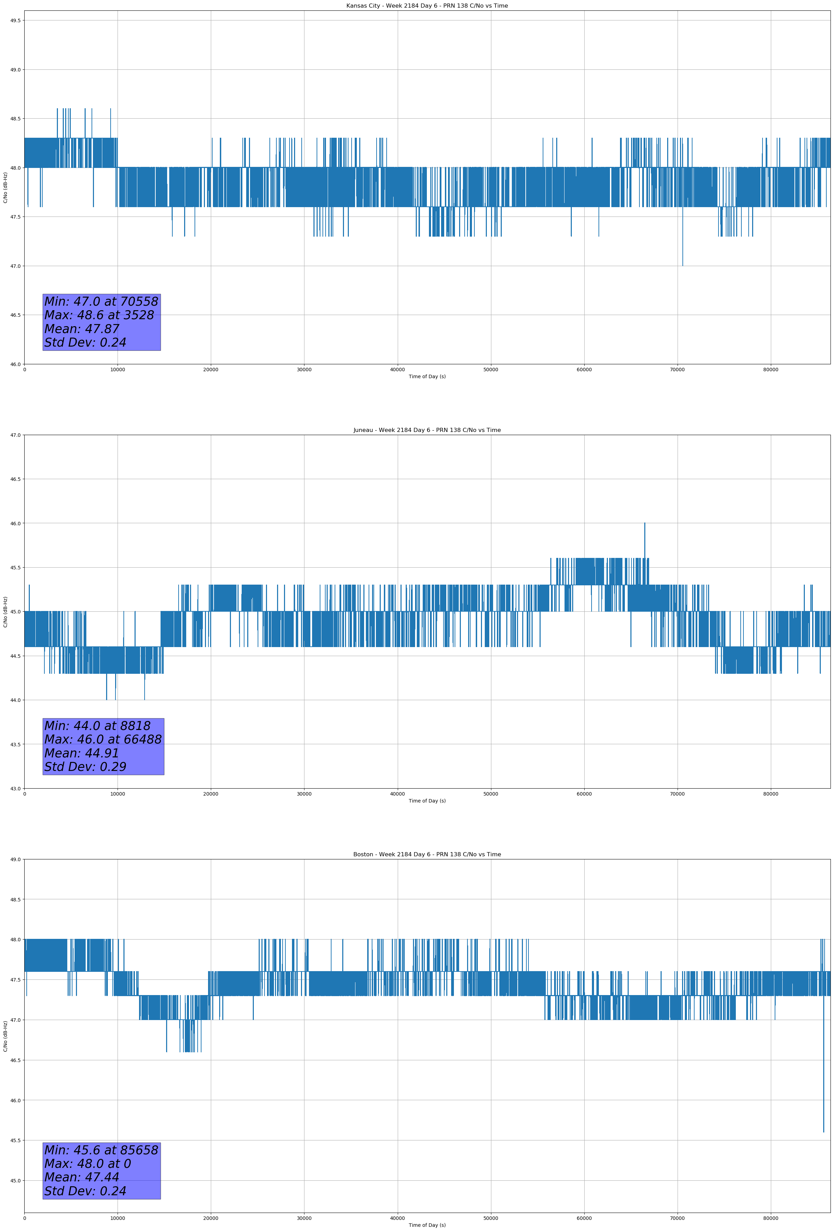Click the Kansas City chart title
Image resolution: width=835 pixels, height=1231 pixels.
point(427,6)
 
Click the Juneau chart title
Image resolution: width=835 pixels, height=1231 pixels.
point(427,430)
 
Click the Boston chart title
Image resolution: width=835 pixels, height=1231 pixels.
point(427,855)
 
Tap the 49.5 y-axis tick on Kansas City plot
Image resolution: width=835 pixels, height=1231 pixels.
point(15,21)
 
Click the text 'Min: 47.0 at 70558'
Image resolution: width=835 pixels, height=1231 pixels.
point(101,302)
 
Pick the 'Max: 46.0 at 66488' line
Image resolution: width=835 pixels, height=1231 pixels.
point(103,739)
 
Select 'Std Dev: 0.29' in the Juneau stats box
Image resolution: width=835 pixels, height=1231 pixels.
point(85,767)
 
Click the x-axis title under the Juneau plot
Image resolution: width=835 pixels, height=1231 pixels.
point(427,801)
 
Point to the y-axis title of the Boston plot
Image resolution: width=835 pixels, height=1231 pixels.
point(5,1036)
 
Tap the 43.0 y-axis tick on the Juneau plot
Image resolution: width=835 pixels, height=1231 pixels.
point(15,789)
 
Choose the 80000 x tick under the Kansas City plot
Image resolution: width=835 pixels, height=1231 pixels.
point(771,370)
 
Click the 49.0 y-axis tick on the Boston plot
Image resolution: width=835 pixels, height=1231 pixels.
point(15,860)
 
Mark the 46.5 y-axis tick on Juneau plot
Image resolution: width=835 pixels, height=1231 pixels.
point(15,479)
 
